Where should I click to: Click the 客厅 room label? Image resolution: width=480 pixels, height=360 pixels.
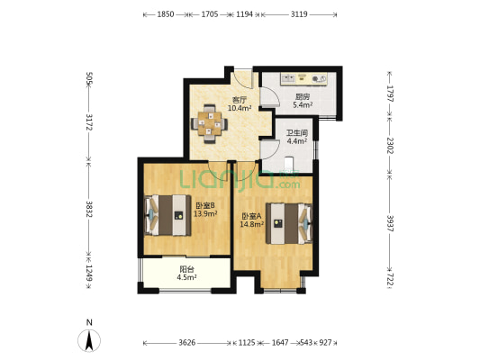[x=240, y=100]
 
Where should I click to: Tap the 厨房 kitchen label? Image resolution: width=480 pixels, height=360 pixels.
[x=303, y=97]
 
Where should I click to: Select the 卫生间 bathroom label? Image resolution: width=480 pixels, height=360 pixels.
[x=297, y=133]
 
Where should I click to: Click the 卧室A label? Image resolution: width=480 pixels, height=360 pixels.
[x=251, y=217]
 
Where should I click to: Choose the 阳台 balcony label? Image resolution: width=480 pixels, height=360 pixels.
[x=186, y=269]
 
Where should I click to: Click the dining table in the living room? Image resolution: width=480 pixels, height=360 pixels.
[x=210, y=124]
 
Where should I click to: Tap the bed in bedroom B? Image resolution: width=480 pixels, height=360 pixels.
[x=168, y=215]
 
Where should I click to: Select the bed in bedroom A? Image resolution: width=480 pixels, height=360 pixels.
[x=289, y=223]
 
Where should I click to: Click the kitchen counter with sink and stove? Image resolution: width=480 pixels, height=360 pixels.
[x=304, y=78]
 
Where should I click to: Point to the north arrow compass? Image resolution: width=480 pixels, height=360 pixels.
[x=89, y=340]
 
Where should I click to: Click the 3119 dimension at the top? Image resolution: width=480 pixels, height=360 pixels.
[x=299, y=14]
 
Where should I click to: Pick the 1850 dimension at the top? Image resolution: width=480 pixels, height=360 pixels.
[x=166, y=14]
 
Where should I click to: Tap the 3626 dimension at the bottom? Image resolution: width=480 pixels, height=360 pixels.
[x=187, y=343]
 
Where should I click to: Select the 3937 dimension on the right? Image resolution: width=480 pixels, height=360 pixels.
[x=390, y=223]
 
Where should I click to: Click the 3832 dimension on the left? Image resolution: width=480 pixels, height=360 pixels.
[x=89, y=209]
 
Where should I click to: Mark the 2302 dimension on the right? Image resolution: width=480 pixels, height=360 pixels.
[x=390, y=145]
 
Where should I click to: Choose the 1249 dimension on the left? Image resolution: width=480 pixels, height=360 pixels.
[x=89, y=273]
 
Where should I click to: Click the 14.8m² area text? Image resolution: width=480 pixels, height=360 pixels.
[x=251, y=224]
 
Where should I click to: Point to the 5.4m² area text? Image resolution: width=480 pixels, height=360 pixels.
[x=303, y=105]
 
